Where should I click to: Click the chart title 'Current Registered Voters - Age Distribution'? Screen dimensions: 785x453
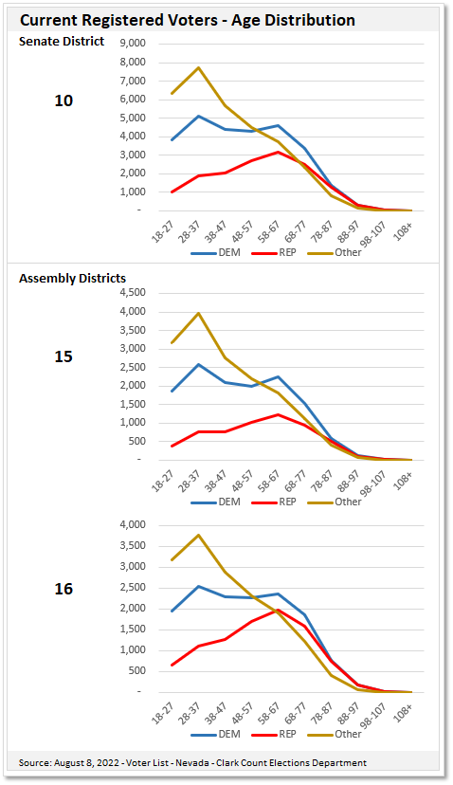pyautogui.click(x=188, y=20)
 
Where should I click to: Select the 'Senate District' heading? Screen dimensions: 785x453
pyautogui.click(x=62, y=41)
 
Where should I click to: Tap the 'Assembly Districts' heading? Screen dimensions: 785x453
pyautogui.click(x=72, y=278)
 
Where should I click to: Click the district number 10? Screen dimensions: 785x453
pyautogui.click(x=63, y=100)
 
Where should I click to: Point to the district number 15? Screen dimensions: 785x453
pyautogui.click(x=63, y=356)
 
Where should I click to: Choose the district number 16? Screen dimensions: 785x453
pyautogui.click(x=63, y=589)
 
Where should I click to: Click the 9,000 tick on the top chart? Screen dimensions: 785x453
pyautogui.click(x=131, y=44)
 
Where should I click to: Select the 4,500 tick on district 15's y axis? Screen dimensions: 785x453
pyautogui.click(x=131, y=293)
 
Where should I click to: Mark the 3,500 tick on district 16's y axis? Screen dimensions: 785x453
pyautogui.click(x=131, y=546)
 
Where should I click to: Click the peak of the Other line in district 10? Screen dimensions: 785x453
pyautogui.click(x=197, y=67)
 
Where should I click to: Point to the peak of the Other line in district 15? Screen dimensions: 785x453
pyautogui.click(x=197, y=313)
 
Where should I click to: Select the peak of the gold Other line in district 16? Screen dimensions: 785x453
pyautogui.click(x=197, y=535)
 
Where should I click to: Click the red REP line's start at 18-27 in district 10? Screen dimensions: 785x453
pyautogui.click(x=172, y=192)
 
